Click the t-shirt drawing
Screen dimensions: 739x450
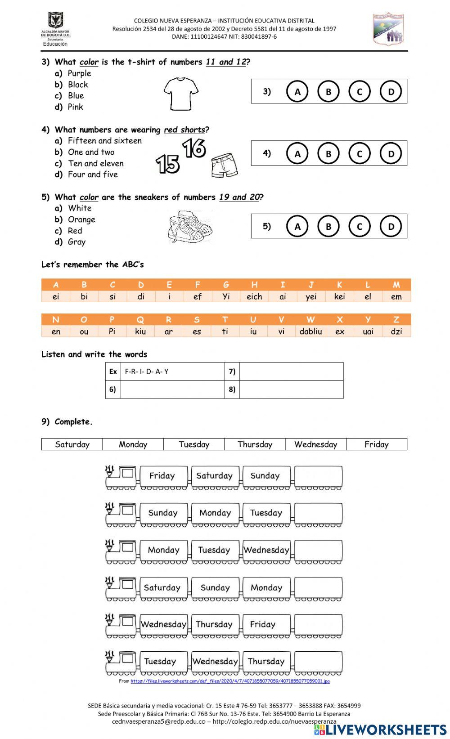pyautogui.click(x=180, y=94)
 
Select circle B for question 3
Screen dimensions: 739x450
pyautogui.click(x=328, y=92)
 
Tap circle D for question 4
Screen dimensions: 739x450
pyautogui.click(x=391, y=154)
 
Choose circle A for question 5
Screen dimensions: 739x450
pyautogui.click(x=297, y=227)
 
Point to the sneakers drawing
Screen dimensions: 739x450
pyautogui.click(x=189, y=227)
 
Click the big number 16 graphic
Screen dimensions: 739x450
pyautogui.click(x=194, y=148)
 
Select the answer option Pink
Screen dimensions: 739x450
pyautogui.click(x=75, y=107)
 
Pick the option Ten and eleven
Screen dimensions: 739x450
pyautogui.click(x=95, y=163)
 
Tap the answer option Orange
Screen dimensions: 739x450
pyautogui.click(x=81, y=219)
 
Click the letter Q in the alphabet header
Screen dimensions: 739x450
pyautogui.click(x=140, y=320)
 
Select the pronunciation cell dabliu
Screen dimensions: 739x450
pyautogui.click(x=310, y=331)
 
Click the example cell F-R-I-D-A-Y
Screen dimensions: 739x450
pyautogui.click(x=172, y=372)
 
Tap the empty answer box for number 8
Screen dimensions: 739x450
pyautogui.click(x=291, y=390)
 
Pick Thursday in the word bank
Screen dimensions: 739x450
pyautogui.click(x=255, y=444)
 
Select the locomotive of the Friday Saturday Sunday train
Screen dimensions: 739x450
pyautogui.click(x=121, y=477)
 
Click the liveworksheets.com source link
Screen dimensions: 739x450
pyautogui.click(x=230, y=681)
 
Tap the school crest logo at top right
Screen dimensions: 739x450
pyautogui.click(x=388, y=29)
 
